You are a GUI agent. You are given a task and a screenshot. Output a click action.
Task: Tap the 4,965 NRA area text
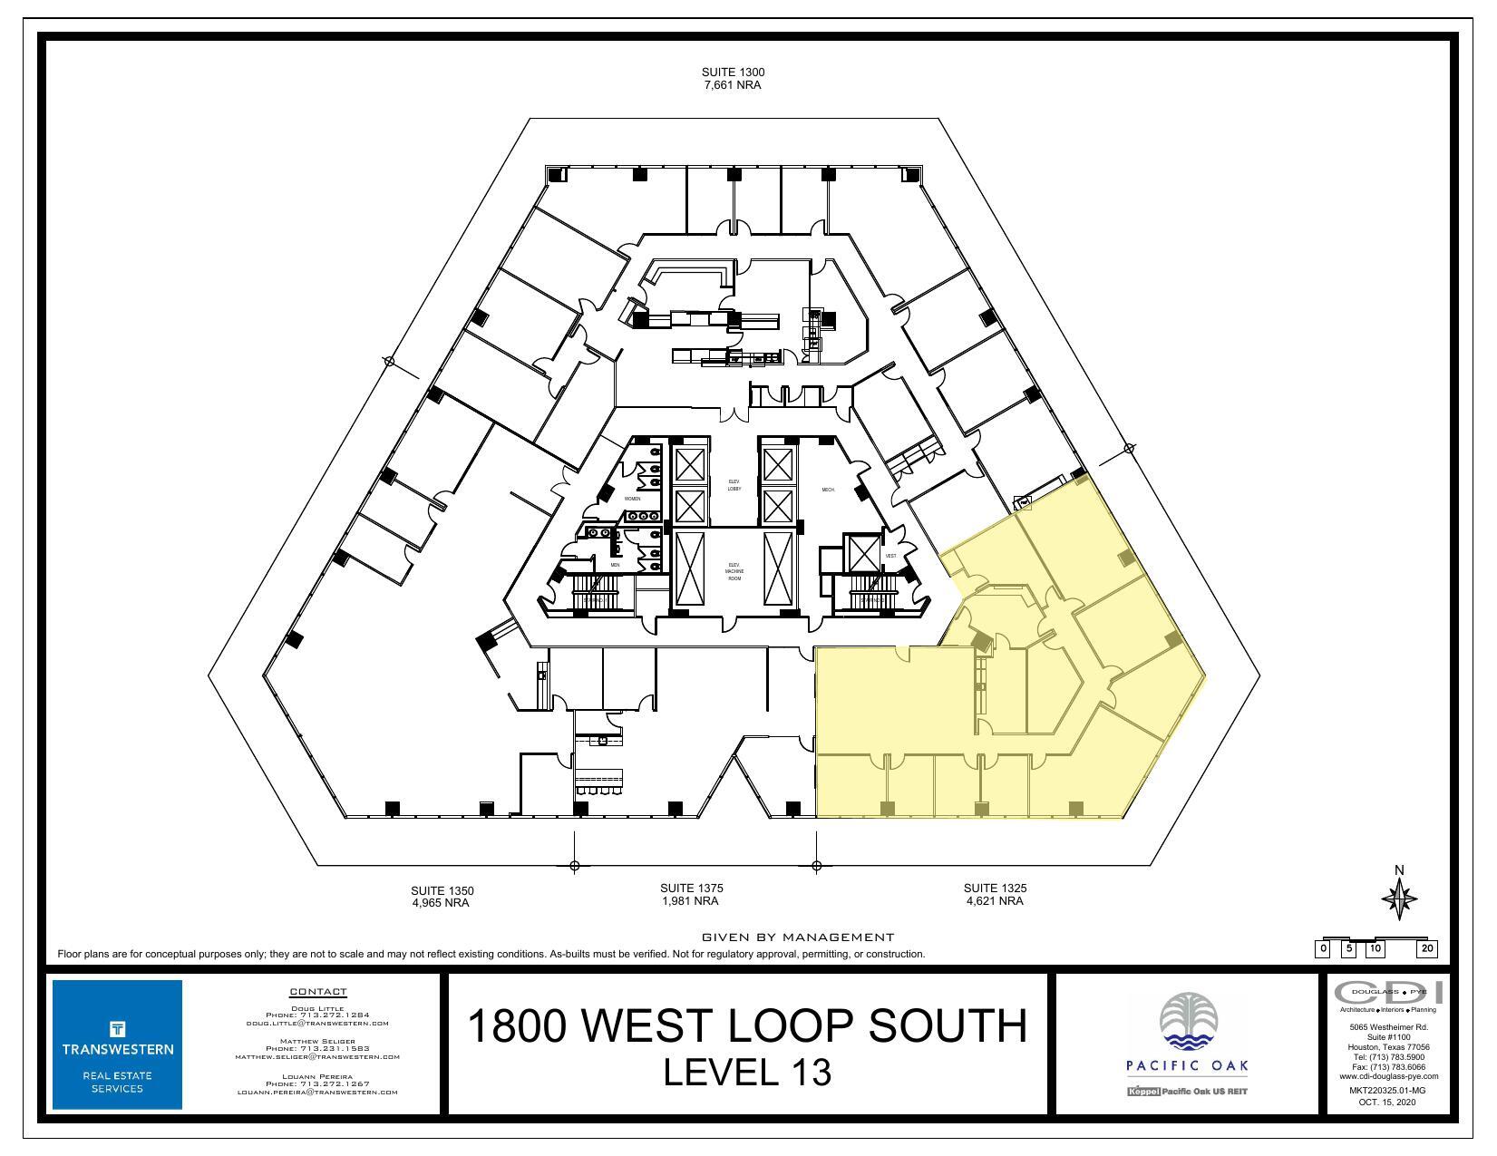coord(441,903)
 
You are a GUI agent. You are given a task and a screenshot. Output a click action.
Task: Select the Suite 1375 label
coord(691,888)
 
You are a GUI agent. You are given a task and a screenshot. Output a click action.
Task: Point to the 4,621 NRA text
coord(995,901)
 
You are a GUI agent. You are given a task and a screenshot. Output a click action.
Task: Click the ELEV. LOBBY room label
coord(734,485)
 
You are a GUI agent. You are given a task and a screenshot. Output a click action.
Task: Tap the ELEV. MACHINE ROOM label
coord(734,571)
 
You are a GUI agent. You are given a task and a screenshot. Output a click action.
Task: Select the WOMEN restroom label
coord(633,499)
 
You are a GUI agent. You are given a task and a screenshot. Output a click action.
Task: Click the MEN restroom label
coord(615,565)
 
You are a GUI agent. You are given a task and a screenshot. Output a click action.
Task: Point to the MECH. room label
coord(828,490)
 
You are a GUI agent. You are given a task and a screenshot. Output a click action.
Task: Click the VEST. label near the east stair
coord(890,556)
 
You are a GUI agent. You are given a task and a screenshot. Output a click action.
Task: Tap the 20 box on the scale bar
coord(1427,949)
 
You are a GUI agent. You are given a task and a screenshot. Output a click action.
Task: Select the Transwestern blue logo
coord(117,1044)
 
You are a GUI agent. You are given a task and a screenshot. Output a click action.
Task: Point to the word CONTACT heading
coord(317,992)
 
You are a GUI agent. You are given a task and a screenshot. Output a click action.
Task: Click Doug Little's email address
coord(317,1023)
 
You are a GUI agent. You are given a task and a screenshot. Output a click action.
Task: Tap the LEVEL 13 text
coord(747,1073)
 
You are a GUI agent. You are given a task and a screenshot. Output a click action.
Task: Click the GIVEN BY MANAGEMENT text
coord(798,937)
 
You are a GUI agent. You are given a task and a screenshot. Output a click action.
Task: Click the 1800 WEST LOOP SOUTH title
coord(747,1025)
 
